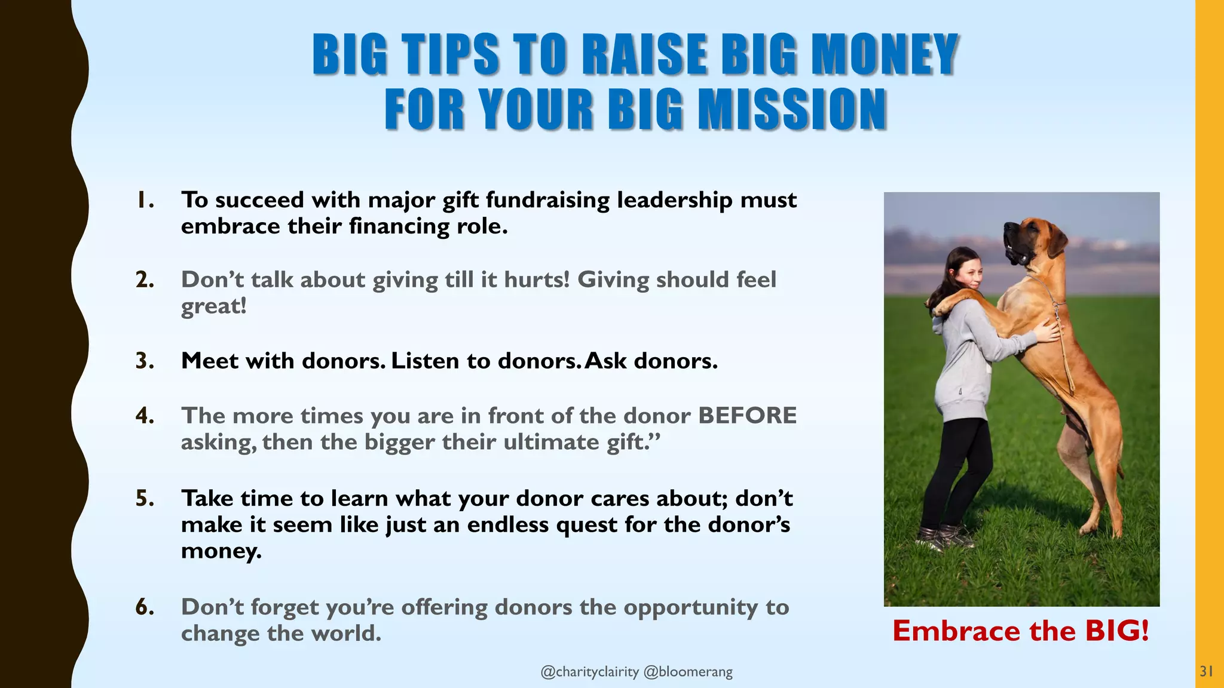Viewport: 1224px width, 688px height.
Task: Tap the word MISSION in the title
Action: (x=792, y=109)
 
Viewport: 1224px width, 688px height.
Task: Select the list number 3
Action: (x=145, y=361)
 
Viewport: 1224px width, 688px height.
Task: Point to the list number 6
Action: (x=145, y=607)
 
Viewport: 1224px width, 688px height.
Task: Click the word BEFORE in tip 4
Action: (x=747, y=416)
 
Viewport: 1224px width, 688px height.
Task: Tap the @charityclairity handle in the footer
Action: (x=589, y=672)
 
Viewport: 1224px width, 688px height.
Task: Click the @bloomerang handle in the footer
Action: (x=688, y=672)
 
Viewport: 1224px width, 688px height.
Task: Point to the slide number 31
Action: (x=1206, y=671)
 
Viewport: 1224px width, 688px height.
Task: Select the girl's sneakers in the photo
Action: (x=944, y=537)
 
